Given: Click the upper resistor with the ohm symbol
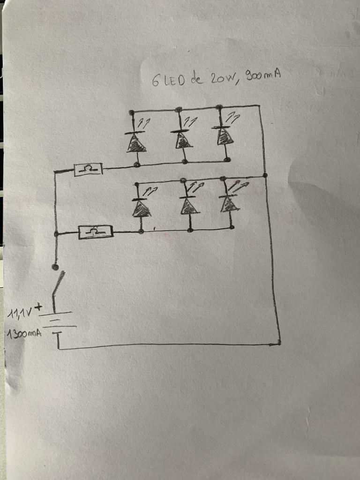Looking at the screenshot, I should [89, 169].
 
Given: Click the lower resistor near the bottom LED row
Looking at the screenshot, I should [96, 232].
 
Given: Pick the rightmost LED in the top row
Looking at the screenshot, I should [225, 136].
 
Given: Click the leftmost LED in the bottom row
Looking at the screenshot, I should [140, 208].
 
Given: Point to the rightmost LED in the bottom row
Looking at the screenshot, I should [229, 203].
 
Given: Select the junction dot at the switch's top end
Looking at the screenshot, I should [55, 267].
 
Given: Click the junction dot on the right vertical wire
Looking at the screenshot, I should [265, 175].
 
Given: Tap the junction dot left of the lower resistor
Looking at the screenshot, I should [56, 233].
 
